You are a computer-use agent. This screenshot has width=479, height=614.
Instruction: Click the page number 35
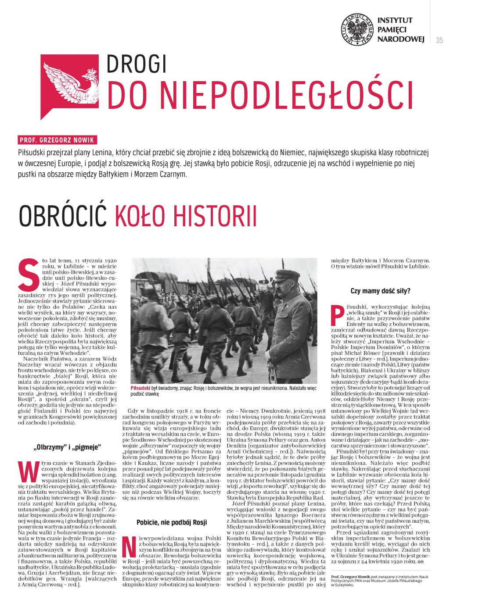pyautogui.click(x=439, y=40)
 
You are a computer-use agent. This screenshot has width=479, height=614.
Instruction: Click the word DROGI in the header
pyautogui.click(x=137, y=64)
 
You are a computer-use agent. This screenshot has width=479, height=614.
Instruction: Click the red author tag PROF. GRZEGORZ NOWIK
pyautogui.click(x=58, y=141)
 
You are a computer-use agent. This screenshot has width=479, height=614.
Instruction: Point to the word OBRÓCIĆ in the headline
pyautogui.click(x=63, y=215)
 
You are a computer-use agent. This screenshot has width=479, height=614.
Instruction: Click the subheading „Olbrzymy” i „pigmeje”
pyautogui.click(x=67, y=447)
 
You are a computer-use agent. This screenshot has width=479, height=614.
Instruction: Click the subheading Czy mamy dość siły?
pyautogui.click(x=381, y=291)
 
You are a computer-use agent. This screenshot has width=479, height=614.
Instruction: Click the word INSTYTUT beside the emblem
pyautogui.click(x=395, y=20)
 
